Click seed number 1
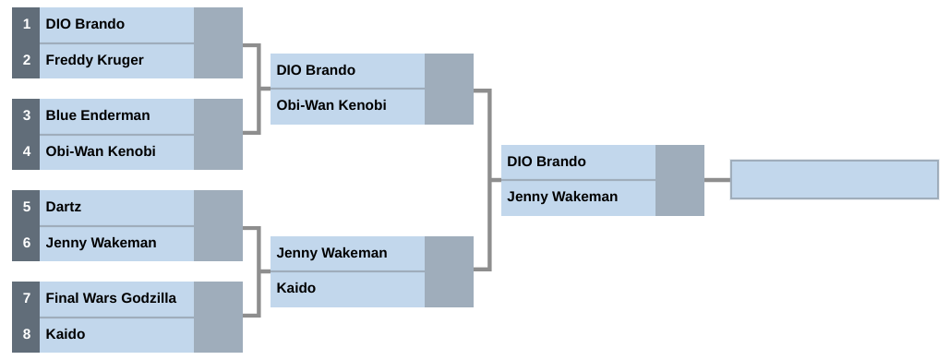[26, 25]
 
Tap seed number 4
[26, 151]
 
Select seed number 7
[26, 298]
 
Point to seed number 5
[26, 208]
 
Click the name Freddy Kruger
[94, 60]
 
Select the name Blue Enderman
[97, 116]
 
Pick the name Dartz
[64, 208]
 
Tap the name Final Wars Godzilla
[111, 298]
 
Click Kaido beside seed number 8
[65, 334]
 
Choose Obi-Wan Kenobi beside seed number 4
[100, 151]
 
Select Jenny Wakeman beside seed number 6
[101, 243]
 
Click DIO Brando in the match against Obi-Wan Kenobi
[316, 70]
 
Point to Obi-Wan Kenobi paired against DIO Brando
[331, 105]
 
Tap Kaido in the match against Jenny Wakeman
[295, 288]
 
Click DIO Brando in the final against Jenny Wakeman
[546, 162]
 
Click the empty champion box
[834, 179]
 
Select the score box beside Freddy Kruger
[218, 60]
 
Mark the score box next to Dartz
[218, 208]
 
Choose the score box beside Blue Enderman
[218, 116]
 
